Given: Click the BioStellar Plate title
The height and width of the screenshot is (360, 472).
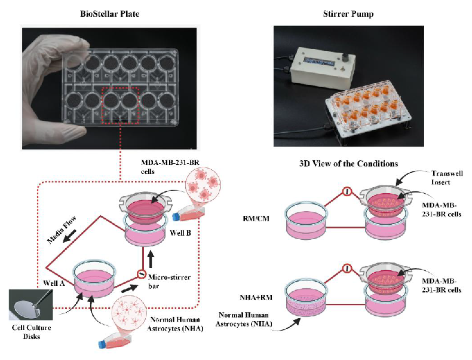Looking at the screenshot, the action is point(109,14).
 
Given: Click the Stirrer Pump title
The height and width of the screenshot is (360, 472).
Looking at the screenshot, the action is point(348,14).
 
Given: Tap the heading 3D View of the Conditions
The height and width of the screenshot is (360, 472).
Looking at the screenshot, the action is point(348,164).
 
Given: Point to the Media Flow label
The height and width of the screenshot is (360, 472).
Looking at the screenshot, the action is point(62,230).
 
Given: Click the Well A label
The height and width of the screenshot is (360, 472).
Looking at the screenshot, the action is point(54,283).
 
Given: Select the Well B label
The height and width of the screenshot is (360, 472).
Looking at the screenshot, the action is point(180,233).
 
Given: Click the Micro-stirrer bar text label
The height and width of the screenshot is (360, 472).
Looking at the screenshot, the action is point(169,282).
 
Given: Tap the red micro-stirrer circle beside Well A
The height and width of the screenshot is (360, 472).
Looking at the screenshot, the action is point(140,274).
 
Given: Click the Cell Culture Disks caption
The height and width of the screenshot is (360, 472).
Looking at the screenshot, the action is point(31,332).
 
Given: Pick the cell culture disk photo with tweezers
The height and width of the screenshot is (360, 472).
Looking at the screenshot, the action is point(30,304).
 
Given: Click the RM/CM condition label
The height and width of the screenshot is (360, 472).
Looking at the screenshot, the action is point(256,218).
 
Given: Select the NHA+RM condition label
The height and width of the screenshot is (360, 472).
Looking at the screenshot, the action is point(256,298).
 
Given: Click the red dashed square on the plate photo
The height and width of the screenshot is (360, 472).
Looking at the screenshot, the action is point(120,105).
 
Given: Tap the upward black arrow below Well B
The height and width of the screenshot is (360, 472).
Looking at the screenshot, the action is point(151,260).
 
